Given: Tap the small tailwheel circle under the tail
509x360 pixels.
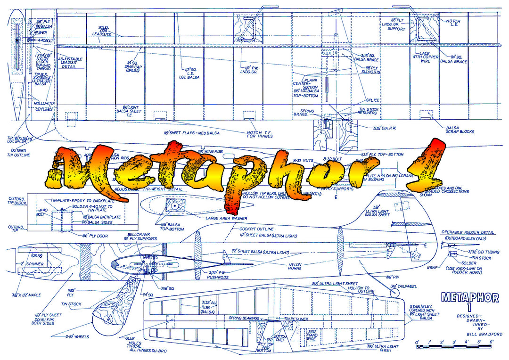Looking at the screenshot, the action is pyautogui.click(x=394, y=292).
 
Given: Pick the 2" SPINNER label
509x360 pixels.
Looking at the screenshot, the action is pyautogui.click(x=32, y=264).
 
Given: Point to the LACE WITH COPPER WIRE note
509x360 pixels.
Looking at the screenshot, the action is pyautogui.click(x=425, y=58).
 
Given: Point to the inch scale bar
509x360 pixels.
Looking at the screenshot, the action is pyautogui.click(x=452, y=347).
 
